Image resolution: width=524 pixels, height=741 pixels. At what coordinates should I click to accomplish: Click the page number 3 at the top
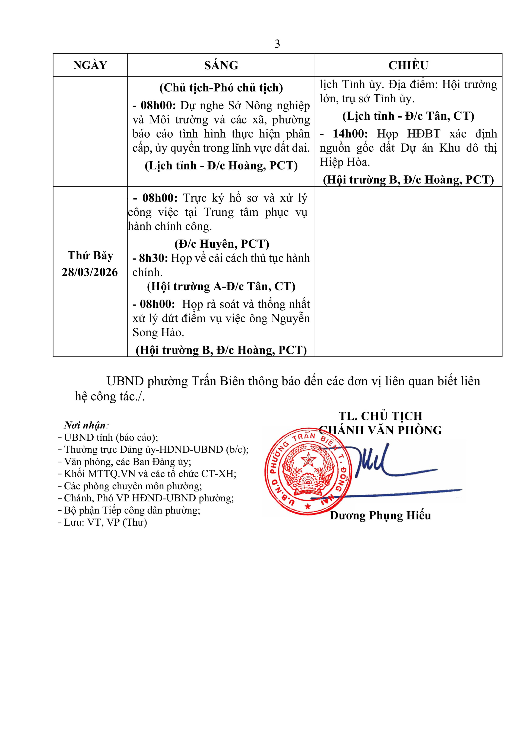[277, 44]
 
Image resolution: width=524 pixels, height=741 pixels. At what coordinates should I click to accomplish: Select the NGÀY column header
[90, 65]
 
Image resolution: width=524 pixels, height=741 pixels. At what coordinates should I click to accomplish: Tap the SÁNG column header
[221, 65]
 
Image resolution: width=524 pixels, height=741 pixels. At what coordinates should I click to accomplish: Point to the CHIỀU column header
[408, 65]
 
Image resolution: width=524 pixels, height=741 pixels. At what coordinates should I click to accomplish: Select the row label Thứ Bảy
[90, 256]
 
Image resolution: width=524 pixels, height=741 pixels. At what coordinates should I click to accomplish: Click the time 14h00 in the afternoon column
[350, 134]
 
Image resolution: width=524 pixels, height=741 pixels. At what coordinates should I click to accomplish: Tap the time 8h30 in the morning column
[152, 258]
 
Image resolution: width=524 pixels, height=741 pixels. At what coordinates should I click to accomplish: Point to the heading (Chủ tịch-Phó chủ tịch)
[221, 88]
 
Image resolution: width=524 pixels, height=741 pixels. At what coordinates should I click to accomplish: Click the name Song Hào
[158, 333]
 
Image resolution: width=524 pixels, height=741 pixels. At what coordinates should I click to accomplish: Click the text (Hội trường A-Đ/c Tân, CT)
[221, 286]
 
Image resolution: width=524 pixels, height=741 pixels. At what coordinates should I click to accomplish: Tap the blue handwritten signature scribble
[374, 465]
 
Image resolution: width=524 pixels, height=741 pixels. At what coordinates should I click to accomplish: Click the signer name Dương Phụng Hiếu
[380, 515]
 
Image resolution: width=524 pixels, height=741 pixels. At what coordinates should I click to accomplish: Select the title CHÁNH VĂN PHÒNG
[381, 430]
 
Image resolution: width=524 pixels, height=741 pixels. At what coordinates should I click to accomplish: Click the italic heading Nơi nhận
[85, 425]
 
